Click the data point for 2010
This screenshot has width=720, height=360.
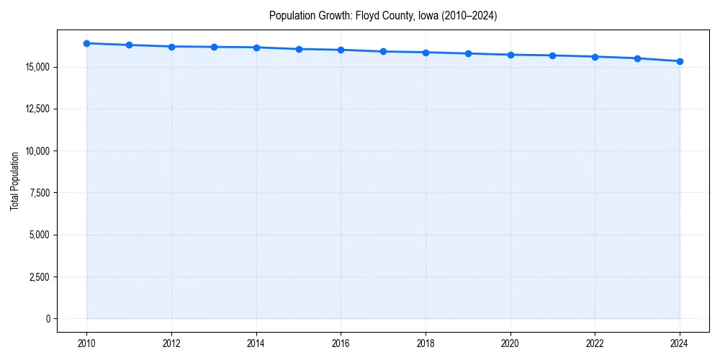pos(86,43)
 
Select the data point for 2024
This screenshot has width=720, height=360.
pos(680,61)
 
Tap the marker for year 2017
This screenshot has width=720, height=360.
pos(383,51)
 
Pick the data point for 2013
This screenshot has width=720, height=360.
pos(214,47)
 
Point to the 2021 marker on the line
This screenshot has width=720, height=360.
pos(552,55)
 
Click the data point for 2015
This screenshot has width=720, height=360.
pos(299,49)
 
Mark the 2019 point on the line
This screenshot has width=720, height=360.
pos(468,53)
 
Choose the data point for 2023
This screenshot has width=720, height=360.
pos(637,58)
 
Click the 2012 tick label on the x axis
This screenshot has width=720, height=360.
pos(171,343)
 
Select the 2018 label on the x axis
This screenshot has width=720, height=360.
pos(426,343)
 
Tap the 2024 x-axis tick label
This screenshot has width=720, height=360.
pos(680,343)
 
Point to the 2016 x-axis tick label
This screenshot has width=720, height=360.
pos(341,343)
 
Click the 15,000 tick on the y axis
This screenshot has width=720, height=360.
pos(37,67)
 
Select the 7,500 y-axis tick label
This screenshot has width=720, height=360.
pos(39,193)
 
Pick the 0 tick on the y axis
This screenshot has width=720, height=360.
pos(48,318)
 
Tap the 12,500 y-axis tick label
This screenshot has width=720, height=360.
pos(37,109)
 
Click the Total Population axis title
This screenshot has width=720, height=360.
pos(14,181)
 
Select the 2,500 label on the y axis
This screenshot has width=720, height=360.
pos(39,276)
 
